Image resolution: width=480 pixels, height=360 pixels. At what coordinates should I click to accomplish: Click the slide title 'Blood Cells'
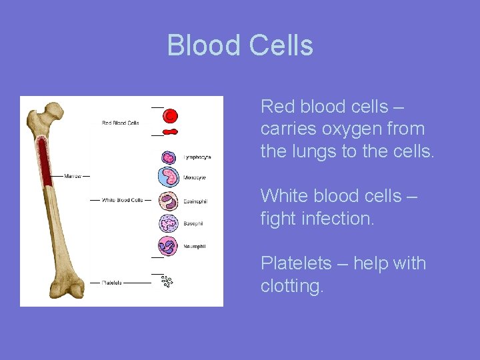click(240, 45)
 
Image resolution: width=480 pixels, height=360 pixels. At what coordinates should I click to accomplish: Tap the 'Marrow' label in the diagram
click(73, 176)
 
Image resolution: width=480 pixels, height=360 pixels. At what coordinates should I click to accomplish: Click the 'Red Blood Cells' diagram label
click(120, 123)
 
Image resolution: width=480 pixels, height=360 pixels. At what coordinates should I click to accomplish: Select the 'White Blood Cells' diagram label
click(122, 200)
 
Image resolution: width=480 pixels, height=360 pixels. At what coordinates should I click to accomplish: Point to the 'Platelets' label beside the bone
click(111, 283)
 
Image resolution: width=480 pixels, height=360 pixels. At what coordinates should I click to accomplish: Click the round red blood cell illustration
click(171, 116)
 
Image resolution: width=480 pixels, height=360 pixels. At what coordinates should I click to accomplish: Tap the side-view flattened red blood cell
click(171, 132)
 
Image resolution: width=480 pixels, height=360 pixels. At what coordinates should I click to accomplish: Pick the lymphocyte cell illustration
click(169, 157)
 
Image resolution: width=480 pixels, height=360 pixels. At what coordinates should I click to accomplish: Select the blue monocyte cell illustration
click(169, 177)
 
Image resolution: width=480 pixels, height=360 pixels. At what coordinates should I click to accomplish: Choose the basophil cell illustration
click(169, 223)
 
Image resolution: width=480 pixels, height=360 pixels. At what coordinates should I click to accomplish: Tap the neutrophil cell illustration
click(169, 245)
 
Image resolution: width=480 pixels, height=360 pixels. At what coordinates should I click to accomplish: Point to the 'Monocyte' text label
click(195, 178)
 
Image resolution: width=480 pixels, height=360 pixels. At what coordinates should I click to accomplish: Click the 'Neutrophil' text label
click(195, 245)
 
